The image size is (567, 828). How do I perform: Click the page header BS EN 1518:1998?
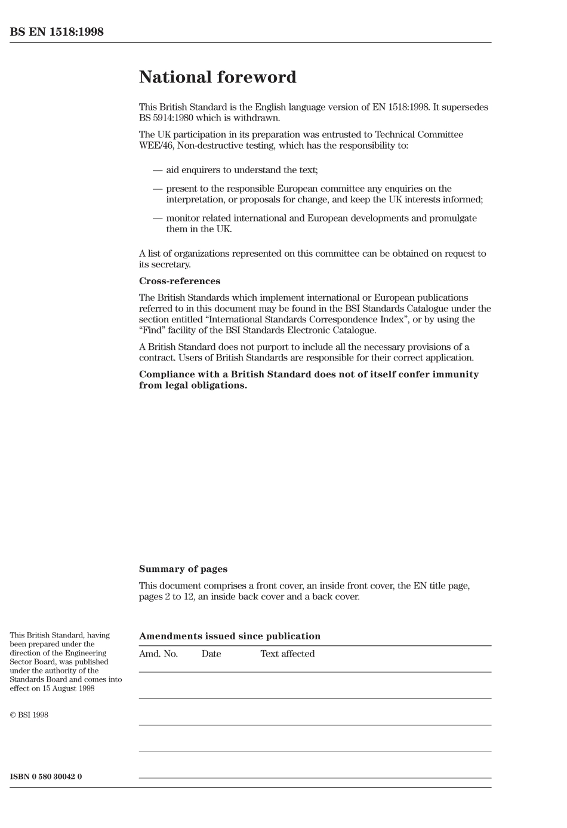point(57,32)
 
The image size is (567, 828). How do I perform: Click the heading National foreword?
point(217,77)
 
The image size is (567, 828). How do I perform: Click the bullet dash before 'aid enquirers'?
point(158,170)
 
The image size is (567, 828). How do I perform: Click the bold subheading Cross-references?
point(180,281)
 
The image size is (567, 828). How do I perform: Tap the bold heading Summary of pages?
point(183,569)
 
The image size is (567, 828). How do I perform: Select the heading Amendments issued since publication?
point(230,636)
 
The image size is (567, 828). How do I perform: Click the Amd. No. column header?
point(158,654)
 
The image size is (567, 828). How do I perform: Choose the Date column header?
point(211,654)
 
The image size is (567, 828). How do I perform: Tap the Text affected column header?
point(287,654)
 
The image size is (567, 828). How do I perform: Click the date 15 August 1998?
point(69,688)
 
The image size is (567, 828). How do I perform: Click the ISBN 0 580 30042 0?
point(46,777)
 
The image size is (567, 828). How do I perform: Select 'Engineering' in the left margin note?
point(85,653)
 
